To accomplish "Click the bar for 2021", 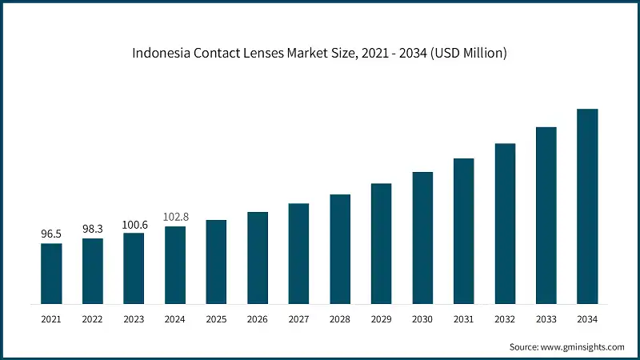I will click(x=51, y=274).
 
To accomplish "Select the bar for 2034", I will click(x=587, y=206).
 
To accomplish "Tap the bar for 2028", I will click(x=340, y=249).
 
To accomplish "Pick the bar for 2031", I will click(x=463, y=231).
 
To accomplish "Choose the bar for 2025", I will click(x=216, y=262).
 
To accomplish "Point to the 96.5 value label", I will click(x=51, y=234).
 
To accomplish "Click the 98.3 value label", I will click(x=93, y=230).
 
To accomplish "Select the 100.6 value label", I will click(x=134, y=224).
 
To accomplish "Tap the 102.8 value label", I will click(x=175, y=217).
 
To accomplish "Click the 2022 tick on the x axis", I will click(x=93, y=319).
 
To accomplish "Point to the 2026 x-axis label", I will click(x=258, y=319).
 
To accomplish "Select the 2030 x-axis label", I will click(x=422, y=319).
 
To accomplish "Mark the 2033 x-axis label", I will click(x=546, y=319).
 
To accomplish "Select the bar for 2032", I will click(x=505, y=224).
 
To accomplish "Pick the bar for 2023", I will click(x=134, y=269).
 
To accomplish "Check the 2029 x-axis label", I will click(x=381, y=319).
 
